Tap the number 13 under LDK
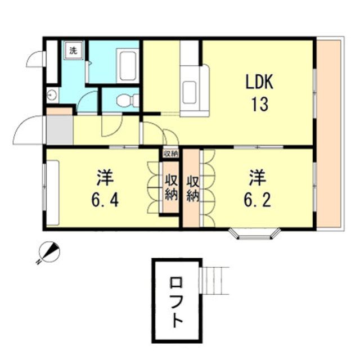pyautogui.click(x=260, y=104)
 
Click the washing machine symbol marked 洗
pyautogui.click(x=73, y=51)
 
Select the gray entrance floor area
pyautogui.click(x=60, y=130)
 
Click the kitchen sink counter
pyautogui.click(x=195, y=91)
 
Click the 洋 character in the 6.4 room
pyautogui.click(x=105, y=178)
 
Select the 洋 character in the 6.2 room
pyautogui.click(x=258, y=178)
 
